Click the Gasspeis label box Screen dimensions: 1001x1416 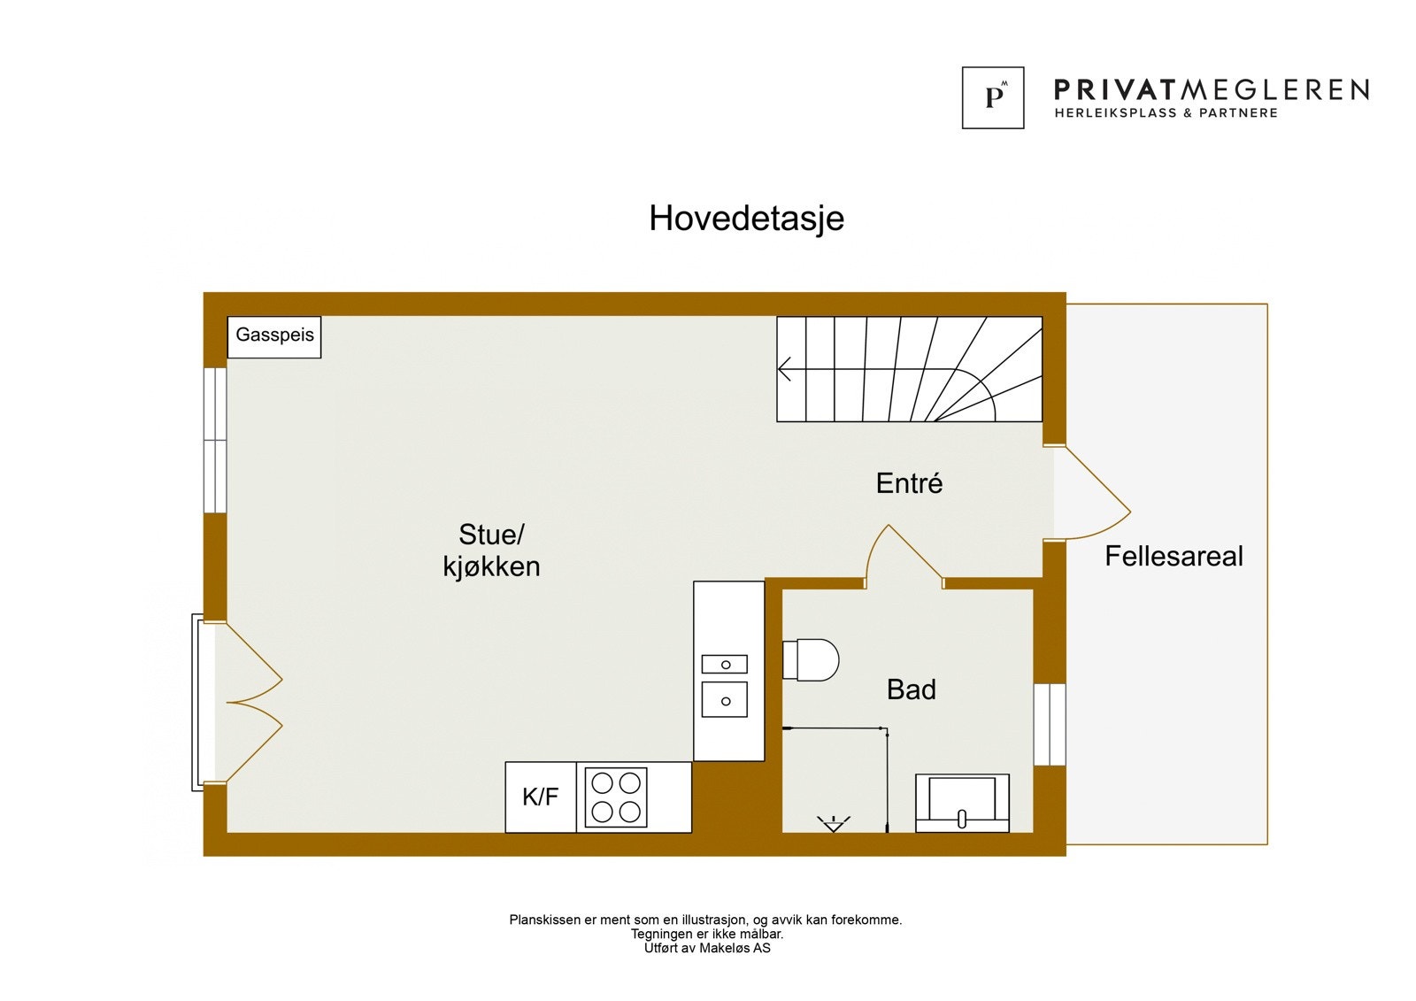click(274, 336)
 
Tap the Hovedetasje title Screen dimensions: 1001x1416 click(746, 219)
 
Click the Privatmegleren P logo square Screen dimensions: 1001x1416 click(993, 97)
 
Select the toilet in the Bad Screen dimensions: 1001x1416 click(811, 660)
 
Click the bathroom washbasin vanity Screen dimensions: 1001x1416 click(962, 803)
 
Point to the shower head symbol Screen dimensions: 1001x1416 click(833, 824)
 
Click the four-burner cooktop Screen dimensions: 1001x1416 click(616, 797)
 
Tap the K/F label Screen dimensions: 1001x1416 click(540, 797)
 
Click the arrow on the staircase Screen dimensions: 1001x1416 click(785, 369)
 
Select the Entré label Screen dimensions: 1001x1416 click(909, 483)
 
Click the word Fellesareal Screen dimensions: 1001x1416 click(1174, 556)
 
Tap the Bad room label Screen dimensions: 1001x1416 click(911, 689)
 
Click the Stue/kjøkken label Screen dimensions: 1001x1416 click(491, 551)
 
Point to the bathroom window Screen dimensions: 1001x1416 click(1050, 724)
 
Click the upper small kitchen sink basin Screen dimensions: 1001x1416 click(725, 664)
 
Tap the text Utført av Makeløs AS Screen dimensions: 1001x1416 click(706, 948)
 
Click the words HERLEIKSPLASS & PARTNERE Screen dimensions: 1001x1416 click(1166, 113)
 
